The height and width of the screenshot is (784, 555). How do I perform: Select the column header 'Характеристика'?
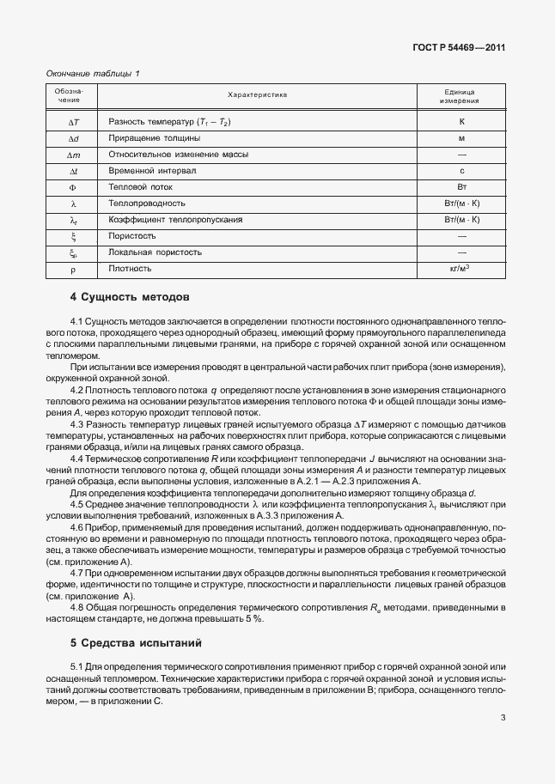pos(257,95)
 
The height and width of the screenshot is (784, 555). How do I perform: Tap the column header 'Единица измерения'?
pos(461,95)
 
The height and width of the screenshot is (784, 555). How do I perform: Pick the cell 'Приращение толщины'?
pos(155,137)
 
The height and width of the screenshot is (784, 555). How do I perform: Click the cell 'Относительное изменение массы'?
pos(178,154)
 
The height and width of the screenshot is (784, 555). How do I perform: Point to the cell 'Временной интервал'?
pos(152,170)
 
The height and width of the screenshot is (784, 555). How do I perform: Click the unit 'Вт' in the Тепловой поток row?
pos(461,186)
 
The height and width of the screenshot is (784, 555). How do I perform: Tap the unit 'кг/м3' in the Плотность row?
pos(461,268)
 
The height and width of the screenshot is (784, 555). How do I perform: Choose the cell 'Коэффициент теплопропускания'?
pos(175,219)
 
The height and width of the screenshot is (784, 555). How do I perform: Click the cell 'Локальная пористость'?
pos(156,252)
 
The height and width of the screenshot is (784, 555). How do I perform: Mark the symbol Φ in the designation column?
pos(73,186)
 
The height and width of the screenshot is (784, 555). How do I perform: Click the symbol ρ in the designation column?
pos(73,269)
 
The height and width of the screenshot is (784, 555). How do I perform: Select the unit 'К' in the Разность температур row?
pos(461,121)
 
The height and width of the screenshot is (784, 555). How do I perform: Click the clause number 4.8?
pos(77,607)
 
